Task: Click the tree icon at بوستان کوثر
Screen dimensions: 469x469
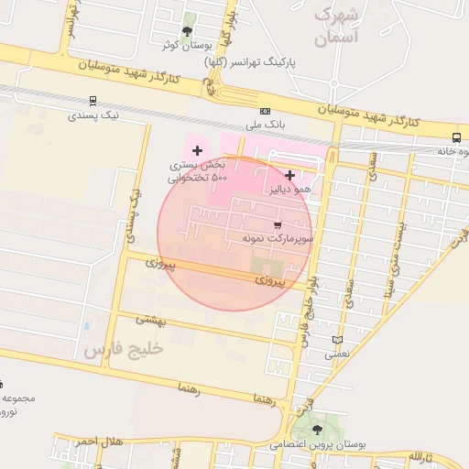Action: click(x=188, y=30)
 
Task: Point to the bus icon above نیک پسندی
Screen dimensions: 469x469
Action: click(x=93, y=102)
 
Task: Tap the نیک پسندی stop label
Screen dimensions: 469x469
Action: click(x=93, y=116)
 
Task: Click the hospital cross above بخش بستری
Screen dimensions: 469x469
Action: click(x=197, y=149)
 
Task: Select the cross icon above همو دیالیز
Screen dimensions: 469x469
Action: click(x=290, y=175)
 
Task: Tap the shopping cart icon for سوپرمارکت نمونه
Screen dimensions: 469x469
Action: click(x=278, y=224)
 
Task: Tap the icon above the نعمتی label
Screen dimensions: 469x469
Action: click(x=338, y=339)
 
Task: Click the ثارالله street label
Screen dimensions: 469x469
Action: click(x=426, y=455)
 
